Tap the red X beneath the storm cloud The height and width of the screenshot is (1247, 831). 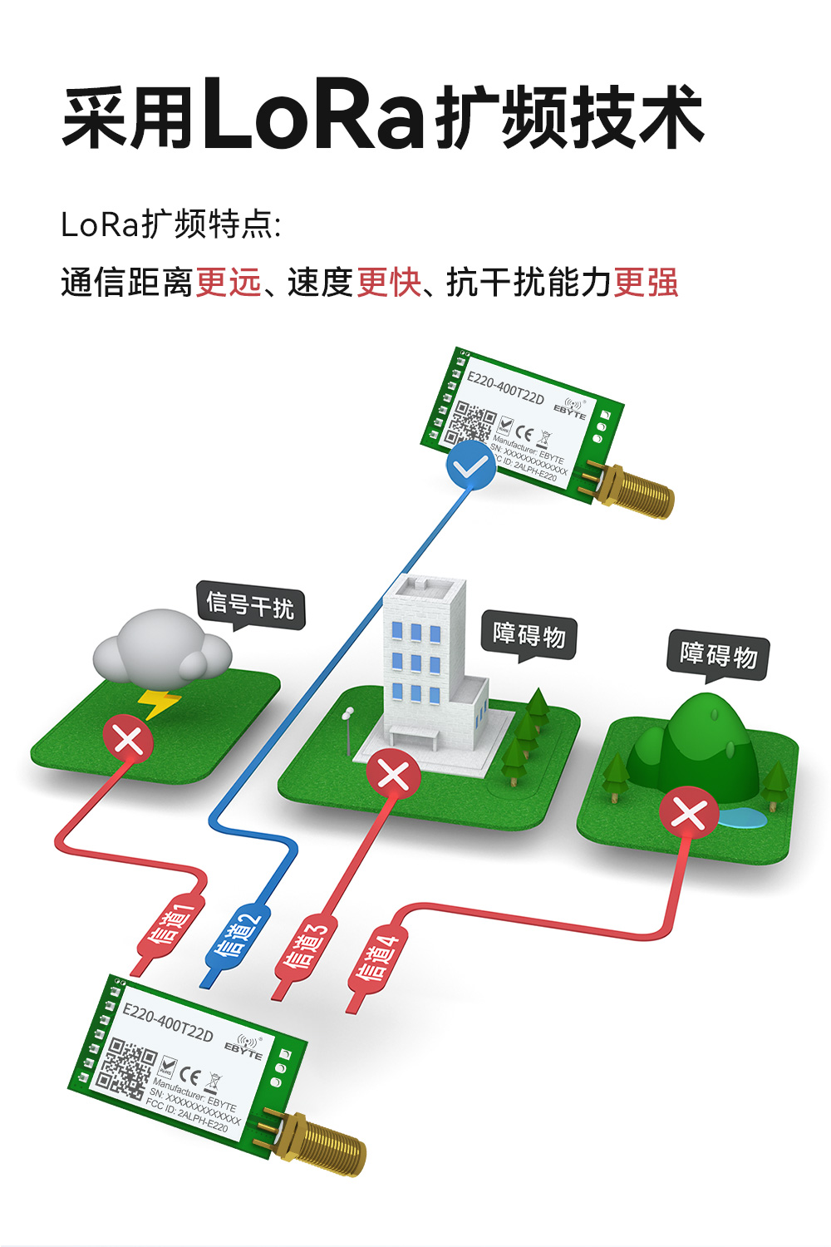click(128, 738)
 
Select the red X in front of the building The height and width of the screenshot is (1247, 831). click(393, 775)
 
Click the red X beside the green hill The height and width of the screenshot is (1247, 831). click(689, 812)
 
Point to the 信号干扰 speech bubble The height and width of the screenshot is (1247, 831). click(250, 604)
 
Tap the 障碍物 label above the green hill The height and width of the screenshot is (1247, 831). click(718, 654)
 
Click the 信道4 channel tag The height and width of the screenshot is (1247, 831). click(377, 957)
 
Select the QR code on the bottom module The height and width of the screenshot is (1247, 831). click(125, 1068)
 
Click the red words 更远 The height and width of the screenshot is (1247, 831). click(229, 283)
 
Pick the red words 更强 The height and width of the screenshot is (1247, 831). click(646, 283)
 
